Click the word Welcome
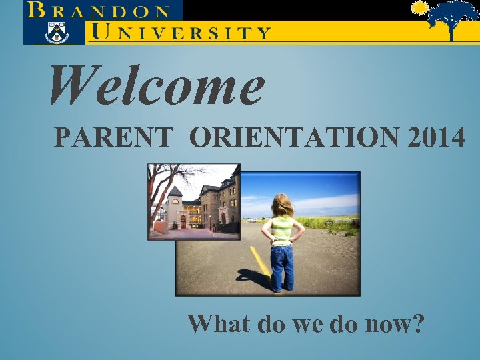[x=157, y=87]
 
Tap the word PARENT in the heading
[x=113, y=138]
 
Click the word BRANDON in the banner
[x=99, y=11]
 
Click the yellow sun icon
[x=419, y=9]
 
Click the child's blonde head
[x=282, y=205]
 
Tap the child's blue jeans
[x=282, y=265]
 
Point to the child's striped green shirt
[x=283, y=230]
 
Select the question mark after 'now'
[x=417, y=324]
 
